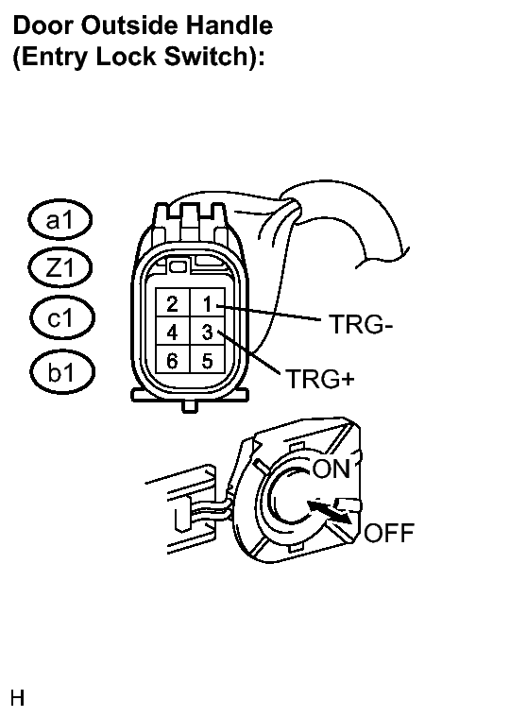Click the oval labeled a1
[59, 220]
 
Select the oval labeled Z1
[59, 267]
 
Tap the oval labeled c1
[61, 317]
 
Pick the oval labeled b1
[62, 371]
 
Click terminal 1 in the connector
[208, 302]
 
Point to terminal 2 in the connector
[173, 302]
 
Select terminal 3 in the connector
[208, 331]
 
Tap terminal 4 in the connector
[173, 331]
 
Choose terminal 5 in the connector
[208, 359]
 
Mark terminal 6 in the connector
[173, 359]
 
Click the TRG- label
[361, 324]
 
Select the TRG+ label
[320, 379]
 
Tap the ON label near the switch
[331, 469]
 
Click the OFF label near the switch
[389, 533]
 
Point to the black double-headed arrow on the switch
[330, 512]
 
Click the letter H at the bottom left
[17, 698]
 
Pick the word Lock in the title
[127, 57]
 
